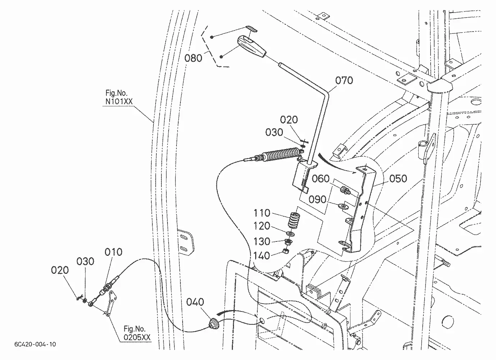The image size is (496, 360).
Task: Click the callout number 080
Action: coord(193,58)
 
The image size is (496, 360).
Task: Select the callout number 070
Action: coord(344,80)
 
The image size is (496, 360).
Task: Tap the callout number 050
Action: coord(398,179)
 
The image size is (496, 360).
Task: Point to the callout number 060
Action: coord(321,179)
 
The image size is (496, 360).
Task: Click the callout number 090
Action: coord(317,200)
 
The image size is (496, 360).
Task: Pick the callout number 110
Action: coord(262,213)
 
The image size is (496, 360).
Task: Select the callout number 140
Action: coord(262,256)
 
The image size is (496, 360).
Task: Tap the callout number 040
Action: coord(195,302)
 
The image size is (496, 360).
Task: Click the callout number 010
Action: coord(113,252)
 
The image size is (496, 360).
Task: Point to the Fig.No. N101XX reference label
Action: coord(119,97)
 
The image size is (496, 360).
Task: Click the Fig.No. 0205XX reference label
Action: coord(137,333)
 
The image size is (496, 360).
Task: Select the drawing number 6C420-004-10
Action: coord(35,344)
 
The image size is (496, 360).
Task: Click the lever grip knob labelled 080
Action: coord(252,47)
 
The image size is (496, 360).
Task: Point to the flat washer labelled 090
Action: coord(343,206)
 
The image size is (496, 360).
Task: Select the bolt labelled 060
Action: coord(345,190)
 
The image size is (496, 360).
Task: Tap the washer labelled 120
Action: coord(291,234)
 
